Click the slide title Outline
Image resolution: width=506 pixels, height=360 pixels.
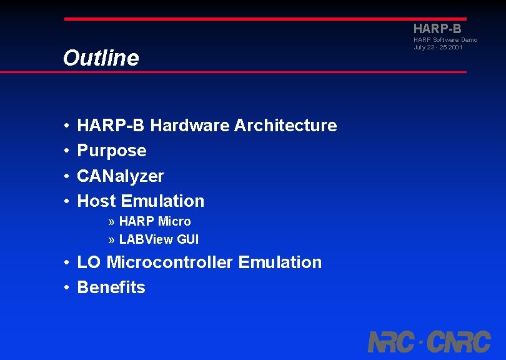(x=101, y=58)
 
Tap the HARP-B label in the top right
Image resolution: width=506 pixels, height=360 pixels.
(x=437, y=29)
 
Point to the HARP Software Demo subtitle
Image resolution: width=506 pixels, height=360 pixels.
(x=445, y=40)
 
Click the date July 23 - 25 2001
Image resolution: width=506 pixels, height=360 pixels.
(x=438, y=47)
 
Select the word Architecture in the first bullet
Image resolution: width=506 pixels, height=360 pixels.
(x=285, y=126)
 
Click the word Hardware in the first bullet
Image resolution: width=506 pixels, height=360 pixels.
(x=190, y=126)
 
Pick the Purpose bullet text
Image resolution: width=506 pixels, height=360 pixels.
(x=111, y=151)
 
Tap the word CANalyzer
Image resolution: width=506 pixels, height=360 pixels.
(x=120, y=176)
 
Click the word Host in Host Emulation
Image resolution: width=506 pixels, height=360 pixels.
(x=97, y=201)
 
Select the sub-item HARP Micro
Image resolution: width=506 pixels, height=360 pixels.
(x=155, y=221)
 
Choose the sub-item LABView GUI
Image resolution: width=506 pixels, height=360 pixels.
(x=159, y=239)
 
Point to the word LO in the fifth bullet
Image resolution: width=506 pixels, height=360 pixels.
(x=89, y=262)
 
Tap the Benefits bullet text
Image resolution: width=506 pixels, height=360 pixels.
(x=111, y=287)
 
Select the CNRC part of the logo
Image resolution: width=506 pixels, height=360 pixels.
(x=460, y=342)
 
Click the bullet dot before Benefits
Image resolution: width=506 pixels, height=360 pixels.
(x=66, y=288)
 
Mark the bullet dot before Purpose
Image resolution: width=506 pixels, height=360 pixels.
(x=66, y=151)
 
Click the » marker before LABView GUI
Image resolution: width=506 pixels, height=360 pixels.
(x=111, y=240)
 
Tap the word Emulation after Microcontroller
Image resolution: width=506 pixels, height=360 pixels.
(x=280, y=262)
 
